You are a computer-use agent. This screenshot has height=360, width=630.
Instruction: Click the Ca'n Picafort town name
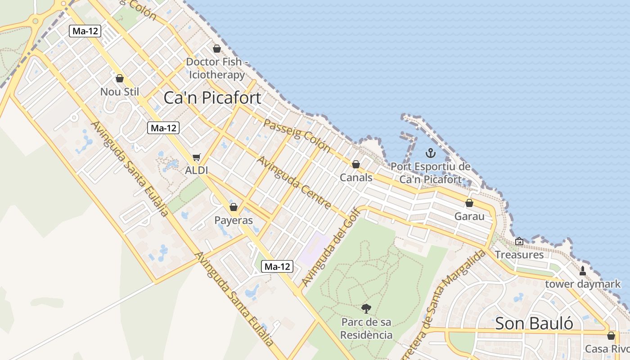[x=212, y=98]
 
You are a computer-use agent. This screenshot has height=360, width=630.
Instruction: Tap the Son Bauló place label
[x=534, y=323]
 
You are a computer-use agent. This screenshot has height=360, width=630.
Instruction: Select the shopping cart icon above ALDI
[x=196, y=157]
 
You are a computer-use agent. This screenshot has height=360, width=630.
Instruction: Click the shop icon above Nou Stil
[x=120, y=78]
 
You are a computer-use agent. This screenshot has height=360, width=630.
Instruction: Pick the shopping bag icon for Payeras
[x=233, y=207]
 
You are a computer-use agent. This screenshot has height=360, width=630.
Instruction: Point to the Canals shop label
[x=356, y=177]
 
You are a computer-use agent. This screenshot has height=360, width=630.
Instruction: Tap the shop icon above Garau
[x=469, y=203]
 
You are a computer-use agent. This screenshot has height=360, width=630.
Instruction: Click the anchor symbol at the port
[x=431, y=153]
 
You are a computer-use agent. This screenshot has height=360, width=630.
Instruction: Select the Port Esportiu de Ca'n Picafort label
[x=431, y=173]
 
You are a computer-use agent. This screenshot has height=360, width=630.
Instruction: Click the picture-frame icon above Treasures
[x=519, y=241]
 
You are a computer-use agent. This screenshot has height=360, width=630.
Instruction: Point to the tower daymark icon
[x=583, y=270]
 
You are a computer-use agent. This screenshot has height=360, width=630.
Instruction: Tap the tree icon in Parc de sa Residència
[x=366, y=309]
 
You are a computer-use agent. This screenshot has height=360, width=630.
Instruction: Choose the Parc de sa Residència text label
[x=366, y=328]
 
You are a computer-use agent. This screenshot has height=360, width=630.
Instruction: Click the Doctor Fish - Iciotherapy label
[x=216, y=68]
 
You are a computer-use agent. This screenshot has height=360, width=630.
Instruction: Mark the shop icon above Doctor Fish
[x=217, y=49]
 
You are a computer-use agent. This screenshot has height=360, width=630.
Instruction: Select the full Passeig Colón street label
[x=297, y=135]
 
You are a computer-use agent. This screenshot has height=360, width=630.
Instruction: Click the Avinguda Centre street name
[x=294, y=182]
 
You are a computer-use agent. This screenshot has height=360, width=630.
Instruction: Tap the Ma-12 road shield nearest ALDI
[x=163, y=128]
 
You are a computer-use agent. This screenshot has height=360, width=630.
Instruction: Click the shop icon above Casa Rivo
[x=611, y=336]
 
